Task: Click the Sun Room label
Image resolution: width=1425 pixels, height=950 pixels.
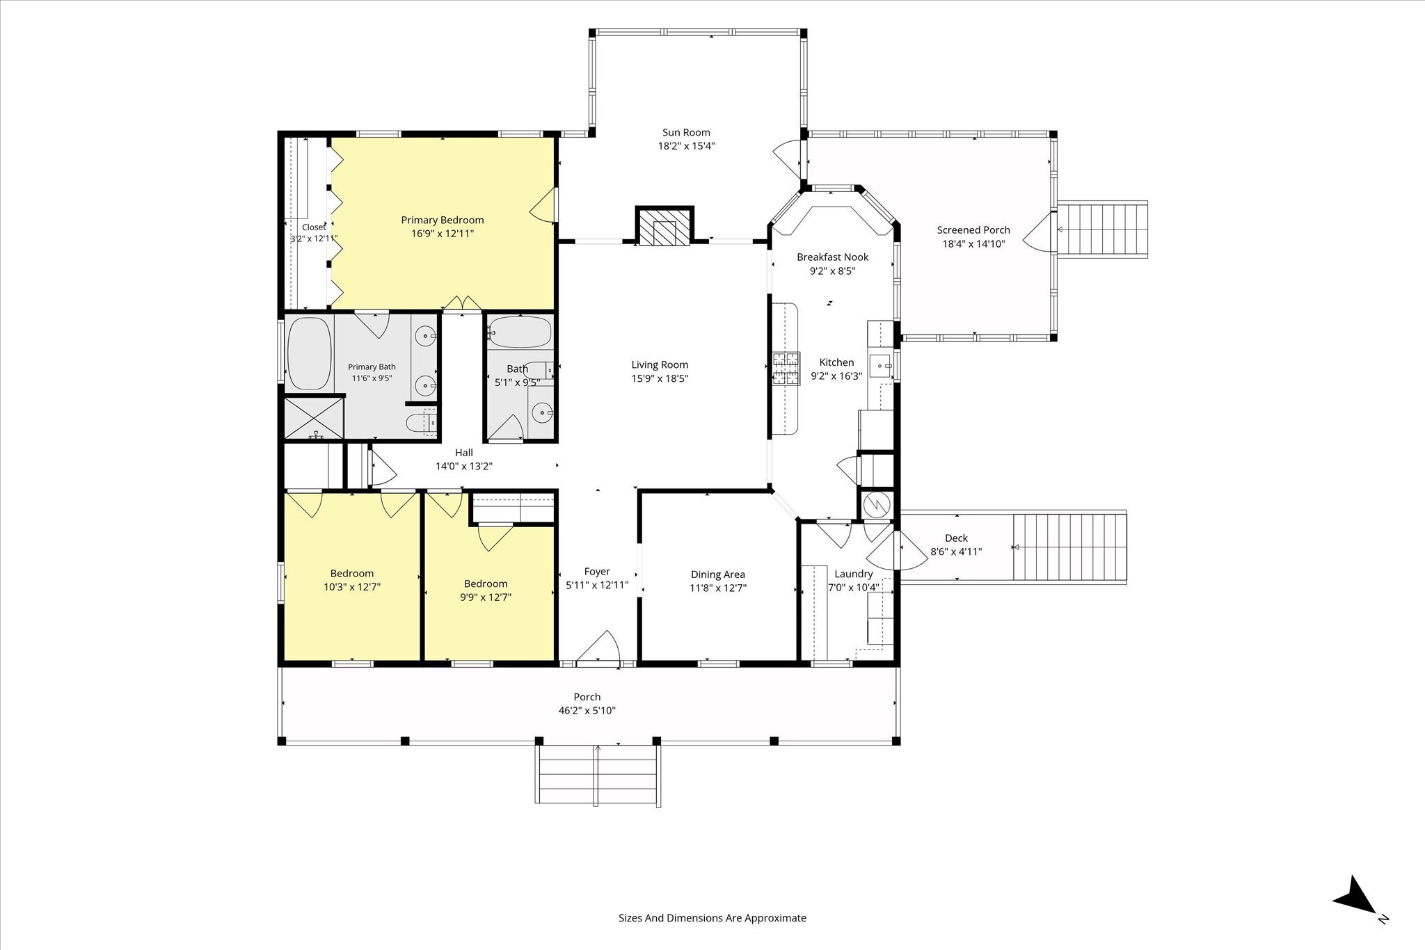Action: pos(686,132)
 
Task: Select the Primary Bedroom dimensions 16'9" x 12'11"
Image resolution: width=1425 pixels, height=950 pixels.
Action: pos(443,234)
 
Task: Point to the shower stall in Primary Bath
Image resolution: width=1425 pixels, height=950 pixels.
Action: pos(315,417)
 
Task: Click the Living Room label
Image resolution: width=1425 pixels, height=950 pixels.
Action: pos(660,364)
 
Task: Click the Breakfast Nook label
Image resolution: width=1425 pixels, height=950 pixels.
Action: pos(832,257)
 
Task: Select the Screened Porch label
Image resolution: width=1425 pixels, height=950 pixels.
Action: pos(973,230)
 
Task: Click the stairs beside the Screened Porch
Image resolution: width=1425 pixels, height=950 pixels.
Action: pos(1102,230)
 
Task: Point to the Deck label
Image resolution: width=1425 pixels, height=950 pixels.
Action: pos(956,538)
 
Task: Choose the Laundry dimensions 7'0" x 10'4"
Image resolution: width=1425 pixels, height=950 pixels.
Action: pos(854,587)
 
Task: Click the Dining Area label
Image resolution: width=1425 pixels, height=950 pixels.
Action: pos(717,574)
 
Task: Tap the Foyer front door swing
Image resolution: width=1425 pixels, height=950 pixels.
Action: pos(598,647)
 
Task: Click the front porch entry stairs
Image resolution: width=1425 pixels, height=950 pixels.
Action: pos(598,775)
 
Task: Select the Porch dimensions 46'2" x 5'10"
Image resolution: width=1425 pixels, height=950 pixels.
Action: pos(587,711)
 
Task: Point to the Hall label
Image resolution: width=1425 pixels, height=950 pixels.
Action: pos(464,453)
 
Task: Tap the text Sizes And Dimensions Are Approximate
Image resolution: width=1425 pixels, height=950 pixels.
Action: pos(712,918)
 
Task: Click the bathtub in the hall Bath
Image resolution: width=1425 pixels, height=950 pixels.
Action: pos(519,332)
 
